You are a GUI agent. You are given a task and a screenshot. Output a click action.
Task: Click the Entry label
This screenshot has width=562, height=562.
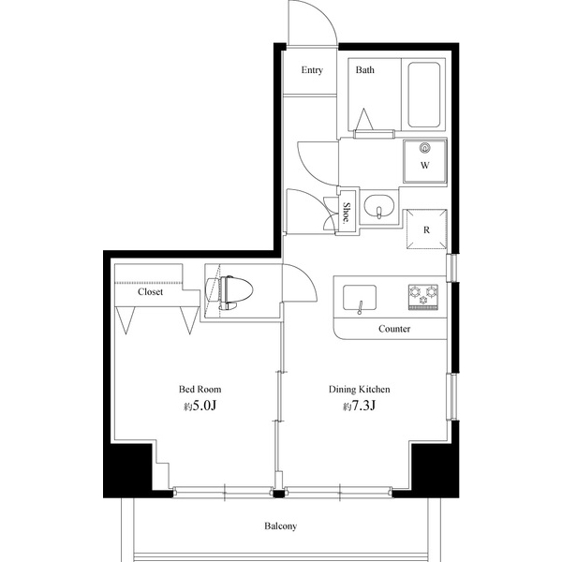pyautogui.click(x=312, y=70)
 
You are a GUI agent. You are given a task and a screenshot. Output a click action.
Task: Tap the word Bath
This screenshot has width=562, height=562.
pyautogui.click(x=364, y=70)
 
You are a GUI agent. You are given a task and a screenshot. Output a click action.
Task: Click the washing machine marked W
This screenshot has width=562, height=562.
pyautogui.click(x=424, y=160)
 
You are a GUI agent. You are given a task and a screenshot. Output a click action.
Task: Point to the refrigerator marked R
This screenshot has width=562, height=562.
pyautogui.click(x=426, y=228)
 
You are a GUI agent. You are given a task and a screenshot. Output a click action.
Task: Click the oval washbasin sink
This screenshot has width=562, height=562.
pyautogui.click(x=378, y=207)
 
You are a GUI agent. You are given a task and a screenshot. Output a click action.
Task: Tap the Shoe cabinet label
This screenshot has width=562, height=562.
pyautogui.click(x=346, y=211)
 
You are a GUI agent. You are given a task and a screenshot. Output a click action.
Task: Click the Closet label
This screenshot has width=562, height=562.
pyautogui.click(x=150, y=291)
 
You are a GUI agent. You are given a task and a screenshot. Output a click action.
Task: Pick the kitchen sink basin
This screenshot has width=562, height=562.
pyautogui.click(x=357, y=298)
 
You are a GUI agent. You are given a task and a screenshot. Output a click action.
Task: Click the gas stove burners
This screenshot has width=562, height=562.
pyautogui.click(x=422, y=295)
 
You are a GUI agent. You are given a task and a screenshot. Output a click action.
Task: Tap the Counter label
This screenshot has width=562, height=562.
pyautogui.click(x=394, y=330)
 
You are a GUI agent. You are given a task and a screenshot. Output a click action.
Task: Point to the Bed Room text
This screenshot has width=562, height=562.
pyautogui.click(x=200, y=389)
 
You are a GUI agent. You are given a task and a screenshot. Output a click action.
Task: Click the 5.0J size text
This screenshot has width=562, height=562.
pyautogui.click(x=200, y=407)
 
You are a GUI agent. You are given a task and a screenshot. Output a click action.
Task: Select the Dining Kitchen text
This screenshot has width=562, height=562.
pyautogui.click(x=359, y=389)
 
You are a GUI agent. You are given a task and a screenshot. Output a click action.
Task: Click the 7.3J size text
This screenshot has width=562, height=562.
pyautogui.click(x=359, y=407)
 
